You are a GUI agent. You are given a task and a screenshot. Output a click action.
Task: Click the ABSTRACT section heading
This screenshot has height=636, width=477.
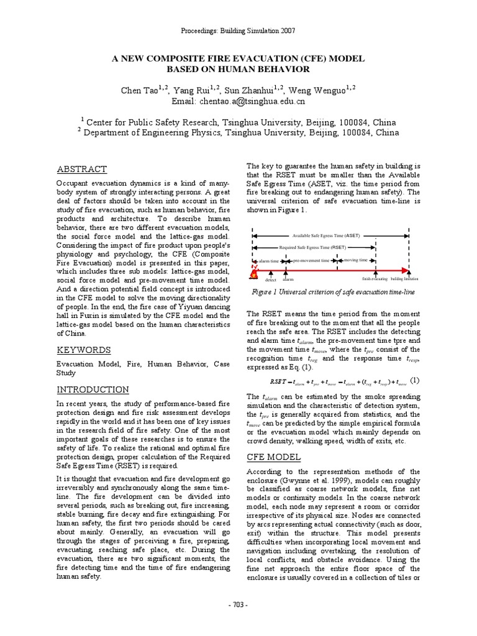[82, 170]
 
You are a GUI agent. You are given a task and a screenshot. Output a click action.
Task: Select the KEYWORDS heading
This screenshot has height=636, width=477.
[84, 350]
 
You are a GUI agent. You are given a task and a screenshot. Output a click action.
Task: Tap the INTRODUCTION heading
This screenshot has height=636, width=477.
[93, 389]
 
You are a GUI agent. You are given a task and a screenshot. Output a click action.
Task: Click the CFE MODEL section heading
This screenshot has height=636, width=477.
[273, 457]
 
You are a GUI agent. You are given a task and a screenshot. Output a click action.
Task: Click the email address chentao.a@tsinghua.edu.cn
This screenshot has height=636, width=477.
[238, 101]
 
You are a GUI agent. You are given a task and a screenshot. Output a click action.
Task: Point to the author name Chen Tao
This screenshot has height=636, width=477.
[138, 91]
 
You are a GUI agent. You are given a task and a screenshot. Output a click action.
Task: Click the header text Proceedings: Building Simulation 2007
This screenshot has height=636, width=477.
[238, 30]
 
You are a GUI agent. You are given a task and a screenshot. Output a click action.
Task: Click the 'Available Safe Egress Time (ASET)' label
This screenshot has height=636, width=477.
[330, 236]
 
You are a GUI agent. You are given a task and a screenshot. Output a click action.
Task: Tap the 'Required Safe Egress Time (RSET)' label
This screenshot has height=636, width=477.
[313, 247]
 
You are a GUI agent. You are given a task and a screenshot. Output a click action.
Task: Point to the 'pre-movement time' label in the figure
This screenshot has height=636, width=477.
[311, 261]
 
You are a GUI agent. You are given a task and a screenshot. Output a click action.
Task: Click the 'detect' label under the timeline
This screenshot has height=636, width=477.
[270, 280]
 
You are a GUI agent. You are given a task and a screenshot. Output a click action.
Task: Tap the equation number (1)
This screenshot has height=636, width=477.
[415, 381]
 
